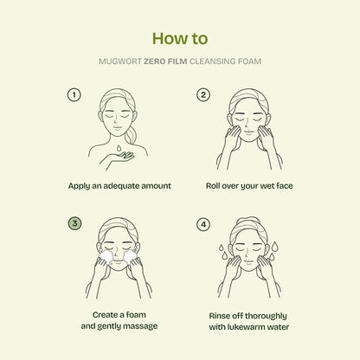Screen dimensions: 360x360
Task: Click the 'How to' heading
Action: click(180, 39)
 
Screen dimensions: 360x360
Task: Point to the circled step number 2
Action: click(204, 94)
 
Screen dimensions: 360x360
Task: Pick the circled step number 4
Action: click(204, 223)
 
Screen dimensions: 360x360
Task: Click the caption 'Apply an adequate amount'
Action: click(120, 186)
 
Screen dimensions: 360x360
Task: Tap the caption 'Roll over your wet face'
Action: click(249, 186)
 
